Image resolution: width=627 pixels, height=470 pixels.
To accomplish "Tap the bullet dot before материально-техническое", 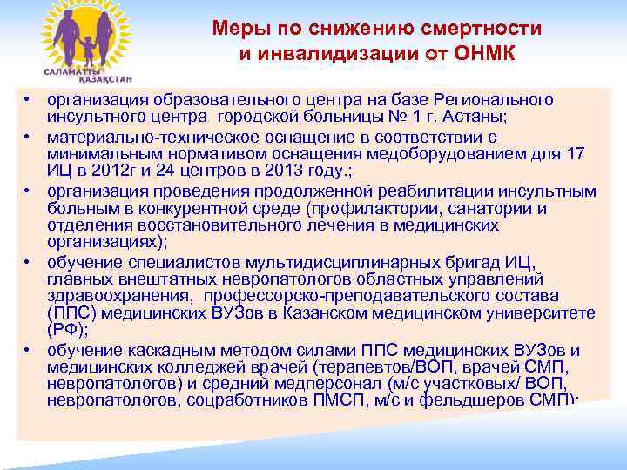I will [29, 138].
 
